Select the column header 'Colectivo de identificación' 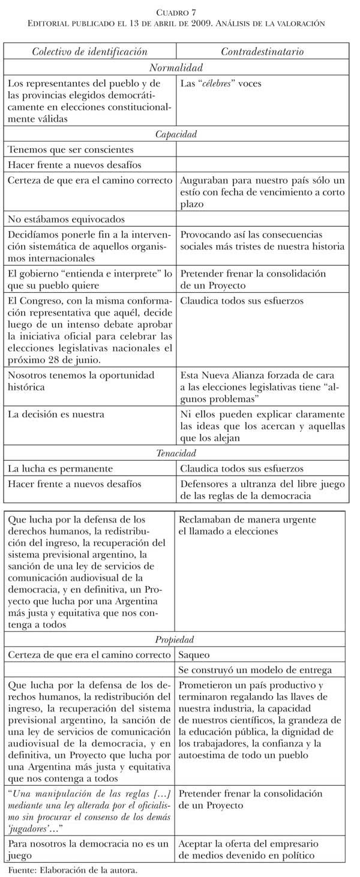tap(89, 52)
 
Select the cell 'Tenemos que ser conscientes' tap(70, 149)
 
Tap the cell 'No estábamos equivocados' tap(66, 220)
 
